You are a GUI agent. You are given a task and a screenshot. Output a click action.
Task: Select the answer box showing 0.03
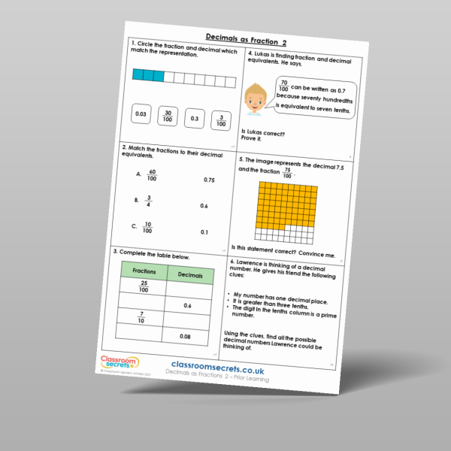point(140,115)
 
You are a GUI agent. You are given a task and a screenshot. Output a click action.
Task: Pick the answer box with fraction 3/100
point(219,120)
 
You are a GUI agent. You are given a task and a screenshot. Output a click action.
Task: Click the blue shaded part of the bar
point(147,74)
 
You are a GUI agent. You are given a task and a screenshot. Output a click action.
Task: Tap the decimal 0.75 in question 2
point(209,180)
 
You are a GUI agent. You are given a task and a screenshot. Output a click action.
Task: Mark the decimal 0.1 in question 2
point(204,232)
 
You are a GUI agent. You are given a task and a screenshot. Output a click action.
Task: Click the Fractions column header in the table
point(144,271)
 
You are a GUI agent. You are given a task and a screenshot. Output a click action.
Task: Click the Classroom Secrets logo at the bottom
point(118,362)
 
